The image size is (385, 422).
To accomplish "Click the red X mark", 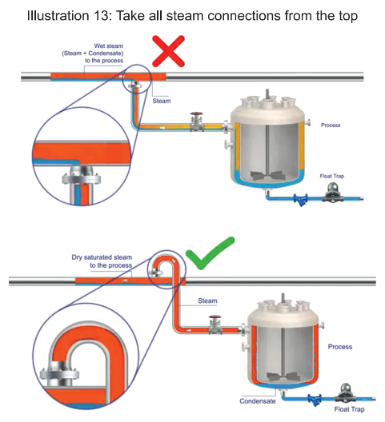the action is (x=168, y=51).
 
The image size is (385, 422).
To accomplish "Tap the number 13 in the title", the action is (x=102, y=16).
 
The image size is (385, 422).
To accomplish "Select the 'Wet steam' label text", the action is (x=108, y=46).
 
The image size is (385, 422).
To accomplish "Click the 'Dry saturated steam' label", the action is (x=102, y=257).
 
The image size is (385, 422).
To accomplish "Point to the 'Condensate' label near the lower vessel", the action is (x=258, y=401).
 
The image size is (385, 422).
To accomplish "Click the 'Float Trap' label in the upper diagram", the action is (x=332, y=176).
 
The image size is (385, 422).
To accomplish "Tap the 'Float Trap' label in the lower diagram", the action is (x=349, y=409).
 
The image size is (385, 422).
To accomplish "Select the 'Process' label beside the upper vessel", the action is (x=331, y=125).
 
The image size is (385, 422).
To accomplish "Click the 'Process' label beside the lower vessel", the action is (x=340, y=347).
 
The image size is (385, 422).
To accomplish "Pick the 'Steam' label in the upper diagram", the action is (x=162, y=101).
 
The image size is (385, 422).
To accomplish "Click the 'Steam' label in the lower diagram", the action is (x=207, y=301).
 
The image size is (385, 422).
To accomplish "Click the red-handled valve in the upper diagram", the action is (x=197, y=121).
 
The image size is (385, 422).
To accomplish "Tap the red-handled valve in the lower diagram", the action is (x=215, y=324).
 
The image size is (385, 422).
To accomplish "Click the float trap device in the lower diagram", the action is (x=345, y=393).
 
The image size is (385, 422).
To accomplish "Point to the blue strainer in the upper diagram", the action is (x=301, y=200).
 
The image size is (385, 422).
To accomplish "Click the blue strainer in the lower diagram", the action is (x=315, y=400).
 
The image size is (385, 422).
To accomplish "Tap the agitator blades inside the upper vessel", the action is (x=268, y=176).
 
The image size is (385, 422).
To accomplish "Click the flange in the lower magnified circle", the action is (x=59, y=375).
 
